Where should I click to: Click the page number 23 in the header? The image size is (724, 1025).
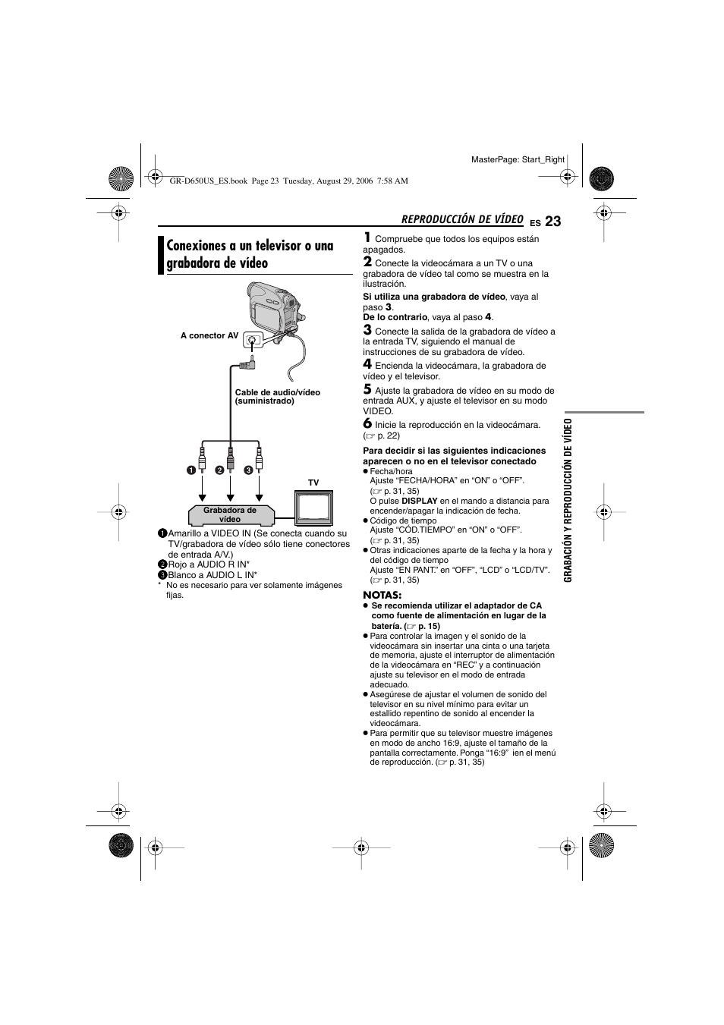tap(552, 222)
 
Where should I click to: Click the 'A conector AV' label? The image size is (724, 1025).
tap(209, 335)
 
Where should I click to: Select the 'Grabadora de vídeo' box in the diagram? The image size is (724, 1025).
tap(230, 515)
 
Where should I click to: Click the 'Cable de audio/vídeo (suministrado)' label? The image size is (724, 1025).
tap(277, 397)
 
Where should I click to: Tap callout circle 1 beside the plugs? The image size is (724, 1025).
tap(193, 470)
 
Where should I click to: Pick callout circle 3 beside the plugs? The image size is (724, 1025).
tap(247, 470)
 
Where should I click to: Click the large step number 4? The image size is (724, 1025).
tap(367, 364)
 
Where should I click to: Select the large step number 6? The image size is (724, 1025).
tap(367, 423)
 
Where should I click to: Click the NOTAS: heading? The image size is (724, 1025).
tap(382, 595)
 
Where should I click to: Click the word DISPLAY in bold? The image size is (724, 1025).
tap(419, 501)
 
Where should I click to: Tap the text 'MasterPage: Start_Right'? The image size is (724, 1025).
tap(518, 159)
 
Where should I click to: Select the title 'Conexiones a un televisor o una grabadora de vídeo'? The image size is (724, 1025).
tap(250, 255)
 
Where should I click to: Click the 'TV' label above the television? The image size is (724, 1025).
tap(313, 483)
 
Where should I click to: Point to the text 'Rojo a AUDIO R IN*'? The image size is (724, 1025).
tap(209, 564)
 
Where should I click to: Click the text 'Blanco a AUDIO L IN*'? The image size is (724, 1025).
tap(212, 575)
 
